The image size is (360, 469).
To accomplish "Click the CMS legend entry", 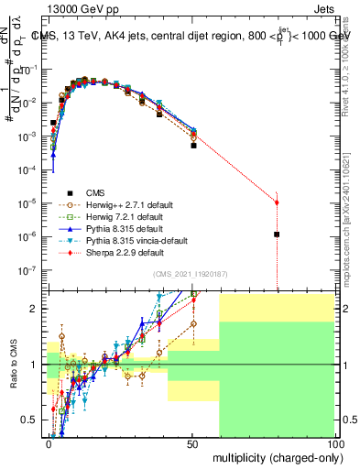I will pos(95,192).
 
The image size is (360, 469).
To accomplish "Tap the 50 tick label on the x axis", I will pos(193,443).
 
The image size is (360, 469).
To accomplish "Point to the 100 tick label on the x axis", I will pos(334,443).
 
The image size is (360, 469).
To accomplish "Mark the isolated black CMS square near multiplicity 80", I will pos(277,234).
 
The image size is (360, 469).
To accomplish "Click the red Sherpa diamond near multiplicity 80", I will pos(277,202).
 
